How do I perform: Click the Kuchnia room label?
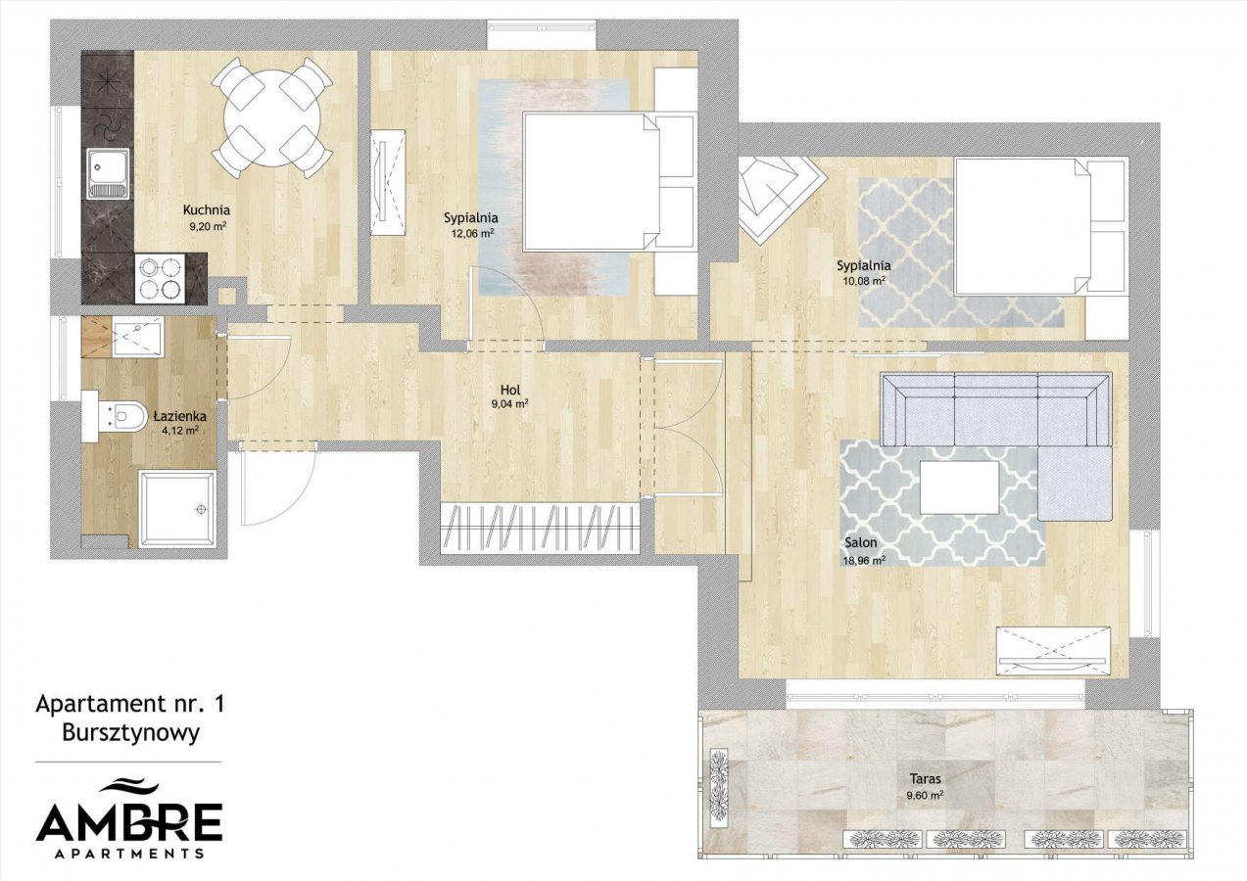[207, 210]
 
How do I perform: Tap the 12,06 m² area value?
[473, 234]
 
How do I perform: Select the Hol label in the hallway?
[510, 390]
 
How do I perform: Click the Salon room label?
[861, 542]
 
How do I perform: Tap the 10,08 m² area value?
[864, 282]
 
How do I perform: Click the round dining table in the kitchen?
[272, 118]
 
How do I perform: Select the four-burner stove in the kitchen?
[162, 278]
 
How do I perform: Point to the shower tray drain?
[201, 509]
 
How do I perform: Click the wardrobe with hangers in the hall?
[540, 528]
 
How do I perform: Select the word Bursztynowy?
[131, 734]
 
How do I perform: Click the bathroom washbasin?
[137, 338]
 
